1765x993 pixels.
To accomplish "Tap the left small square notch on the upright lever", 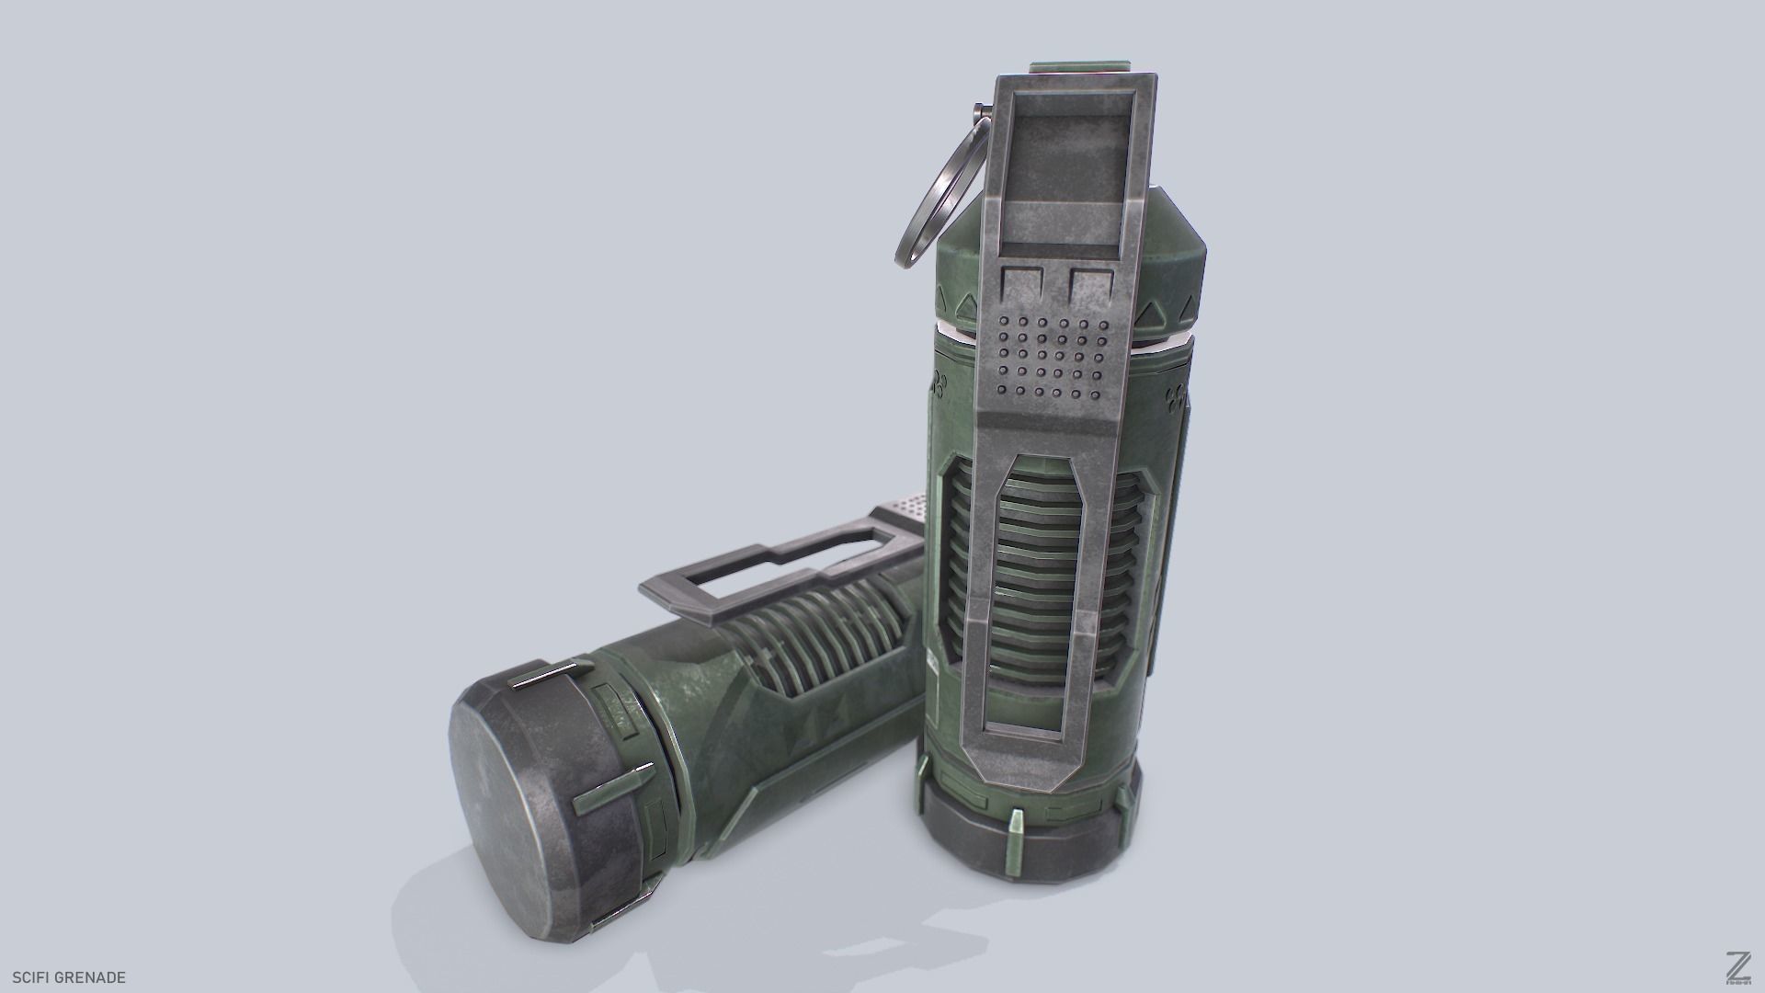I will pos(1022,282).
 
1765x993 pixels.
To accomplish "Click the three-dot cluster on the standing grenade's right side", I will pos(1174,398).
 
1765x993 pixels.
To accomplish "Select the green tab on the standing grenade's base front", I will pos(1017,827).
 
